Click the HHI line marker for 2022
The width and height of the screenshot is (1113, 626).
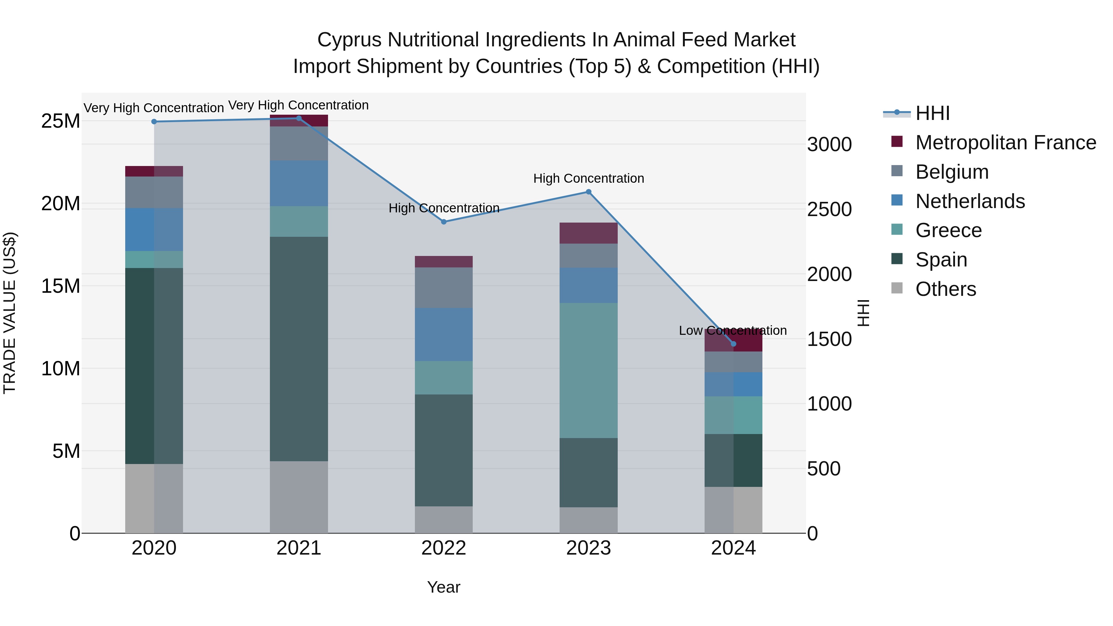coord(444,222)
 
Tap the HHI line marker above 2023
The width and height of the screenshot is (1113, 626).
coord(588,192)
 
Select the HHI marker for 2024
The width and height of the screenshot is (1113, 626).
coord(733,344)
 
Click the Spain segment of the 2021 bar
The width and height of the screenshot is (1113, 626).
coord(299,349)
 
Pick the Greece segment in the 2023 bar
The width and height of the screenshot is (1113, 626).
coord(588,370)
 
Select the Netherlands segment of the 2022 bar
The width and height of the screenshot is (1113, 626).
coord(444,334)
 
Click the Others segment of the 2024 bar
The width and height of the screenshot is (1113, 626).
coord(733,510)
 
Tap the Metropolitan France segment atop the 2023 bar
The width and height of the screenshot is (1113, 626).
coord(588,233)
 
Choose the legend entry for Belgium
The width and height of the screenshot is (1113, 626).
coord(952,172)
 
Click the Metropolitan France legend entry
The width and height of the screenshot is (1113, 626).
coord(1005,143)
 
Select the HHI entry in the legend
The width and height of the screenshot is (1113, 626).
coord(932,113)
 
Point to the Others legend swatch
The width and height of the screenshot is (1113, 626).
coord(897,288)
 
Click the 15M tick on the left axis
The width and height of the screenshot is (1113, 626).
coord(61,286)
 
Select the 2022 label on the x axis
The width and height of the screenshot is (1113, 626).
coord(444,548)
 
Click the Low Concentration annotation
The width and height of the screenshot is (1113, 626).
coord(733,330)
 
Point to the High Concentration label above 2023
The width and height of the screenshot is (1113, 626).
coord(588,178)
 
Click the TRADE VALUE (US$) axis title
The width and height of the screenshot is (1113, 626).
coord(10,313)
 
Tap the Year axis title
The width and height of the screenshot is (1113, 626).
coord(444,587)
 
